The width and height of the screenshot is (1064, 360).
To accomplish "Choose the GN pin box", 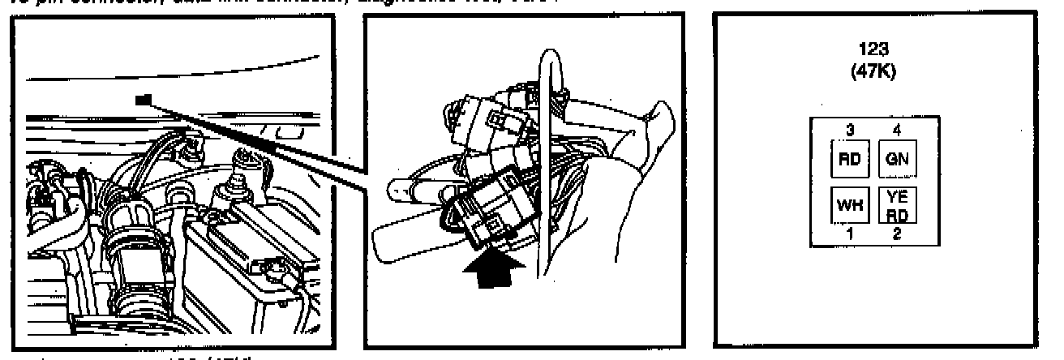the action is pos(898,159).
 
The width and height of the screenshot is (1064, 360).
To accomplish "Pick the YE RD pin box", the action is pos(898,204).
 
